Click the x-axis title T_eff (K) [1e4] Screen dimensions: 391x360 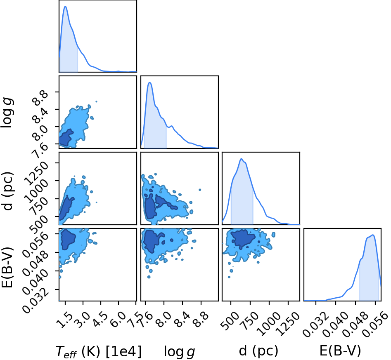click(99, 351)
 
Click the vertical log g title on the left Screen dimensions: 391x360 click(7, 113)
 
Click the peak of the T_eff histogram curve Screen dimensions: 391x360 click(65, 6)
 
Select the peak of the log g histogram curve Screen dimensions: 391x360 click(150, 82)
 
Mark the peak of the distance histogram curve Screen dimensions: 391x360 click(241, 159)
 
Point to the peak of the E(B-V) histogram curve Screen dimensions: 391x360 click(373, 235)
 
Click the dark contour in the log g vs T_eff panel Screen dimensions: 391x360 click(66, 138)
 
